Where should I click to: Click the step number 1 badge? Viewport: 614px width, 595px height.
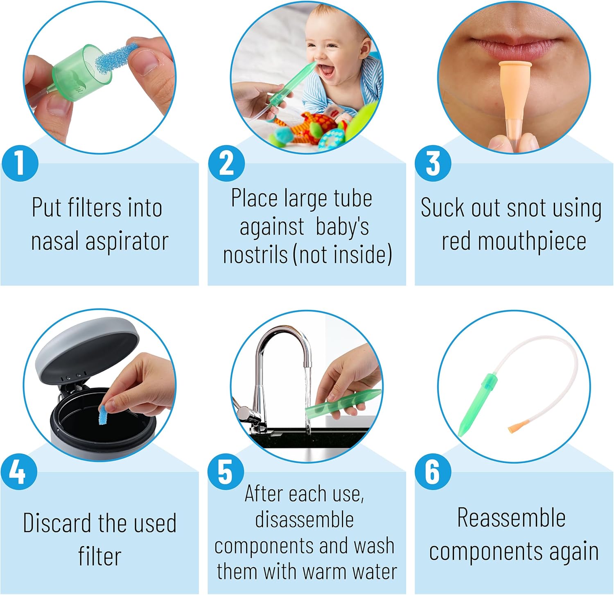pyautogui.click(x=20, y=163)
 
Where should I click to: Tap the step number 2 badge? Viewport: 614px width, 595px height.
pyautogui.click(x=226, y=163)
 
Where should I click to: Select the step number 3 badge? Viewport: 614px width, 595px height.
pyautogui.click(x=433, y=163)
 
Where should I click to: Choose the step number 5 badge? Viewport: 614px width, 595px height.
pyautogui.click(x=226, y=471)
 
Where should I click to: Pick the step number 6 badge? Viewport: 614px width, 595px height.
pyautogui.click(x=433, y=471)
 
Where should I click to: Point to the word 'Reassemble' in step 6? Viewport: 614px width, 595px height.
pyautogui.click(x=511, y=518)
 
